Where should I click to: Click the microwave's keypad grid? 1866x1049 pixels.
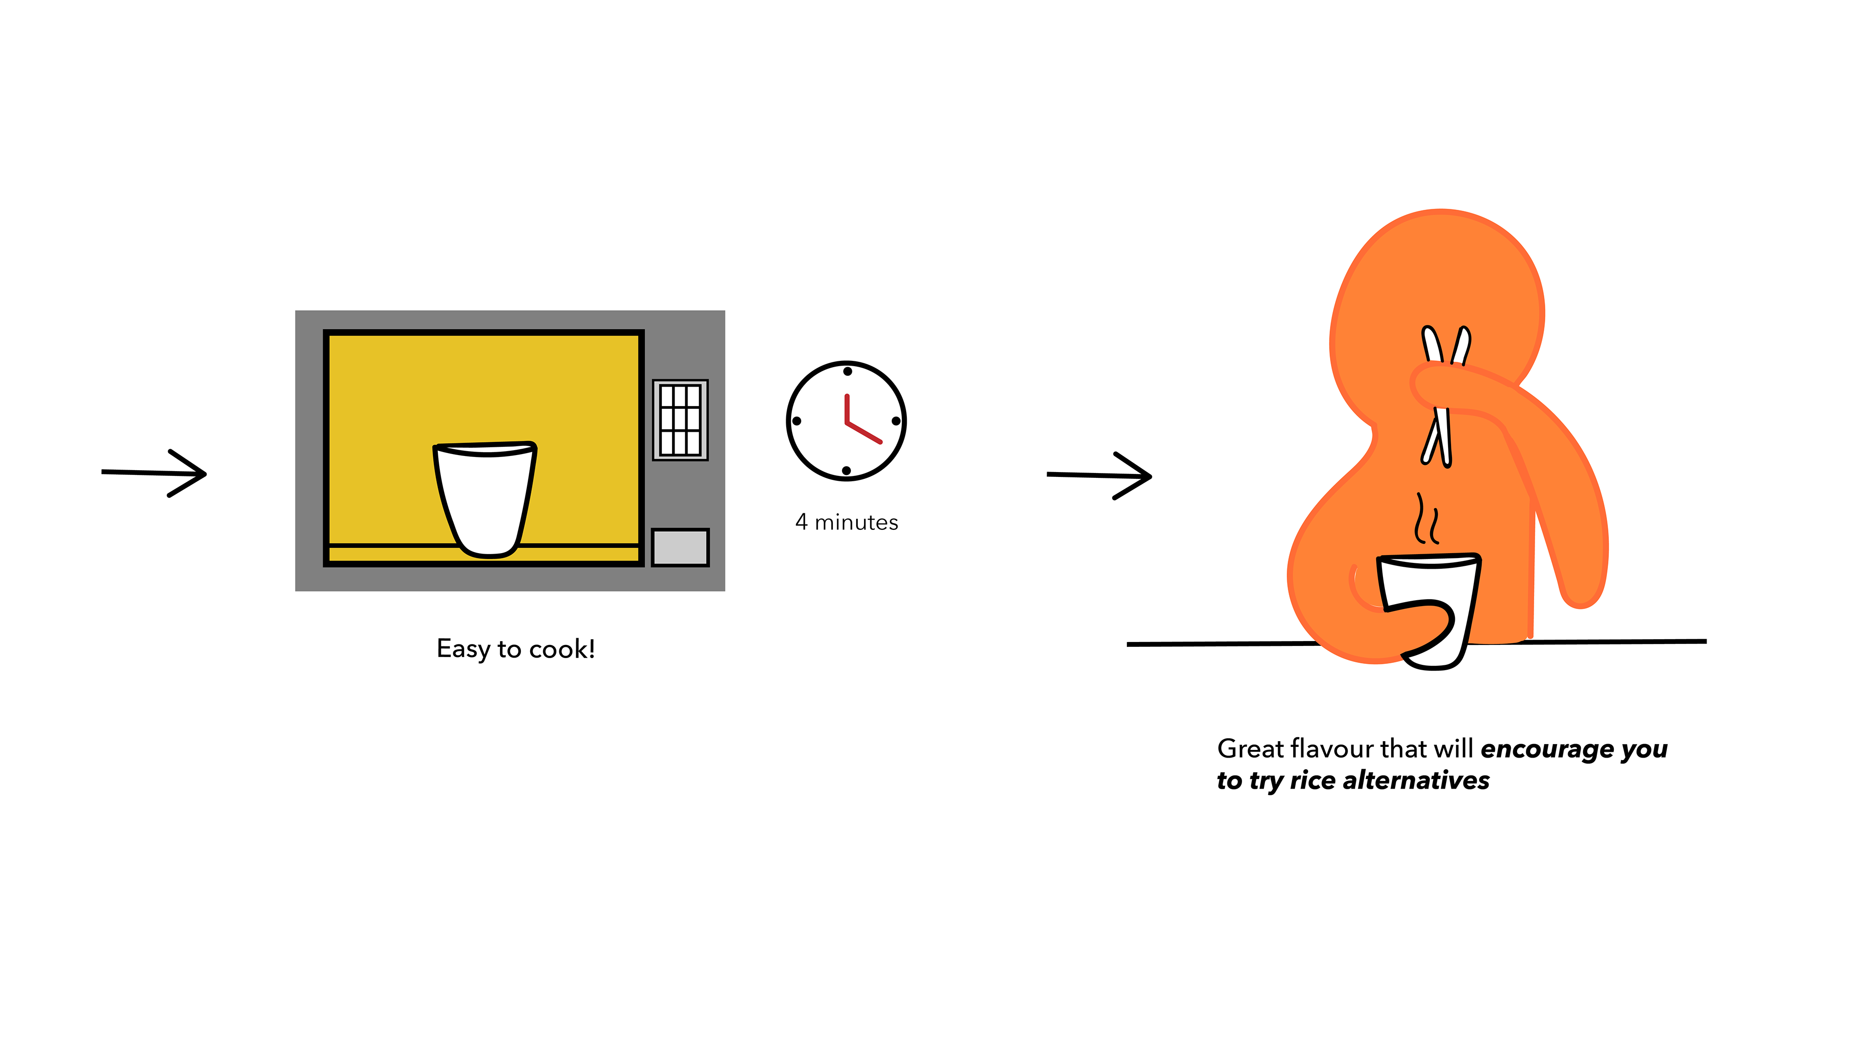[679, 420]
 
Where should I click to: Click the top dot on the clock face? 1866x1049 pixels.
[847, 372]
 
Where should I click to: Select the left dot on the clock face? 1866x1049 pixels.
[797, 421]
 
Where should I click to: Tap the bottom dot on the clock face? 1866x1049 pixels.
[846, 471]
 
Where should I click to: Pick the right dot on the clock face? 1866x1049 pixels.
[896, 421]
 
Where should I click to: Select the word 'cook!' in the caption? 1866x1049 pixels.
[562, 649]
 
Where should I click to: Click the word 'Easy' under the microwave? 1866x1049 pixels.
[464, 649]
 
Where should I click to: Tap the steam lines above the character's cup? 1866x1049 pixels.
[1426, 519]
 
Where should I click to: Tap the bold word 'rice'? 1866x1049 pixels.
[1313, 780]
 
